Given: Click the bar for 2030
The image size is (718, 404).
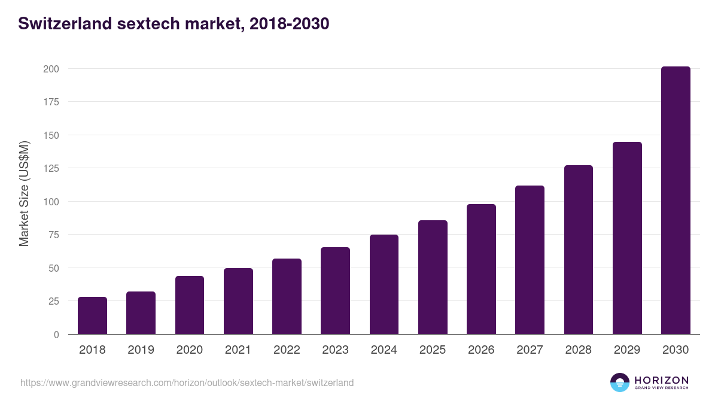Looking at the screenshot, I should tap(676, 201).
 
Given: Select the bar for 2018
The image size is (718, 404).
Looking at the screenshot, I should tap(92, 315).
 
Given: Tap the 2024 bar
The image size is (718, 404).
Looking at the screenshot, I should tap(384, 284).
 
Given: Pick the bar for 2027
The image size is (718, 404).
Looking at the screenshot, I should tap(530, 260).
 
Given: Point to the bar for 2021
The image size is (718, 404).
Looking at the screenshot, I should tap(238, 301).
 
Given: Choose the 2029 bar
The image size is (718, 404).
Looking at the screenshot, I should tap(627, 238).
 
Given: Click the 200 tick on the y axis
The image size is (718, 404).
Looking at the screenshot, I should tap(51, 69).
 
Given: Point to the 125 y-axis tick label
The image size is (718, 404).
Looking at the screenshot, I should tap(51, 168).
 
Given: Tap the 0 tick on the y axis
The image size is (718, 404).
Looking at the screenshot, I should tap(56, 335).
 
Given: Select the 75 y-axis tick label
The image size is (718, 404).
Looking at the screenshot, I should tap(54, 235).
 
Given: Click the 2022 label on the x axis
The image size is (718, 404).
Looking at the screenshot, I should tap(287, 350).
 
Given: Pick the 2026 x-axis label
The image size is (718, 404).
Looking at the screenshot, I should tap(481, 350).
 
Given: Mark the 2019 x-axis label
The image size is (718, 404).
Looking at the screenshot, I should tap(141, 350).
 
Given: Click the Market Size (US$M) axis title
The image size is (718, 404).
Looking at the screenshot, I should tap(24, 194).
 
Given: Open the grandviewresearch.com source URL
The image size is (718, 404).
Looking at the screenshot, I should tap(187, 382).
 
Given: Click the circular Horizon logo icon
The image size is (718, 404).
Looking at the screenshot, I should tap(620, 382).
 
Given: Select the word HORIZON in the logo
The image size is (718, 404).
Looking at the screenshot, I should tap(661, 380).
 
